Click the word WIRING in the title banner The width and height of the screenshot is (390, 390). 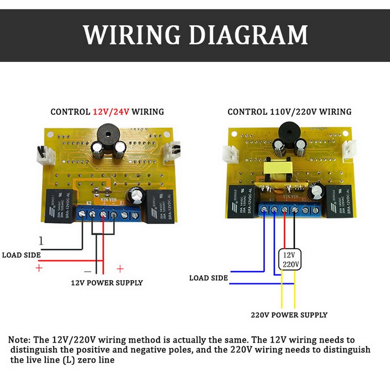point(132,35)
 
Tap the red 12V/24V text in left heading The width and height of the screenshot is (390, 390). point(111,112)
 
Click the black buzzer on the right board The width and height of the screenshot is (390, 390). point(287,133)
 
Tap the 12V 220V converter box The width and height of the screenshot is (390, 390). point(291,259)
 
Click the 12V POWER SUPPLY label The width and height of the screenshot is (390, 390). point(107,283)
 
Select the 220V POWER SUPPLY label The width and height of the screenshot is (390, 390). point(289,315)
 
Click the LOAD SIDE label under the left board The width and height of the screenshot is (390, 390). point(21,255)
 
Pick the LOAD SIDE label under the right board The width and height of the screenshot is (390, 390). point(208,278)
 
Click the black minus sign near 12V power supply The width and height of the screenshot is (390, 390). point(88,270)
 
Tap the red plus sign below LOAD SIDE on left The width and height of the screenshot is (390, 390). point(39,268)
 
